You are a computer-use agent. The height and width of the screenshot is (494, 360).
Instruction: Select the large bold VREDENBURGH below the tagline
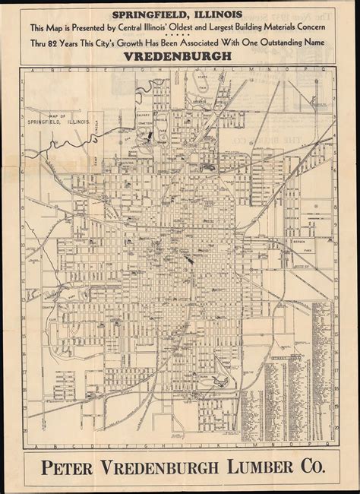tap(179, 56)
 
